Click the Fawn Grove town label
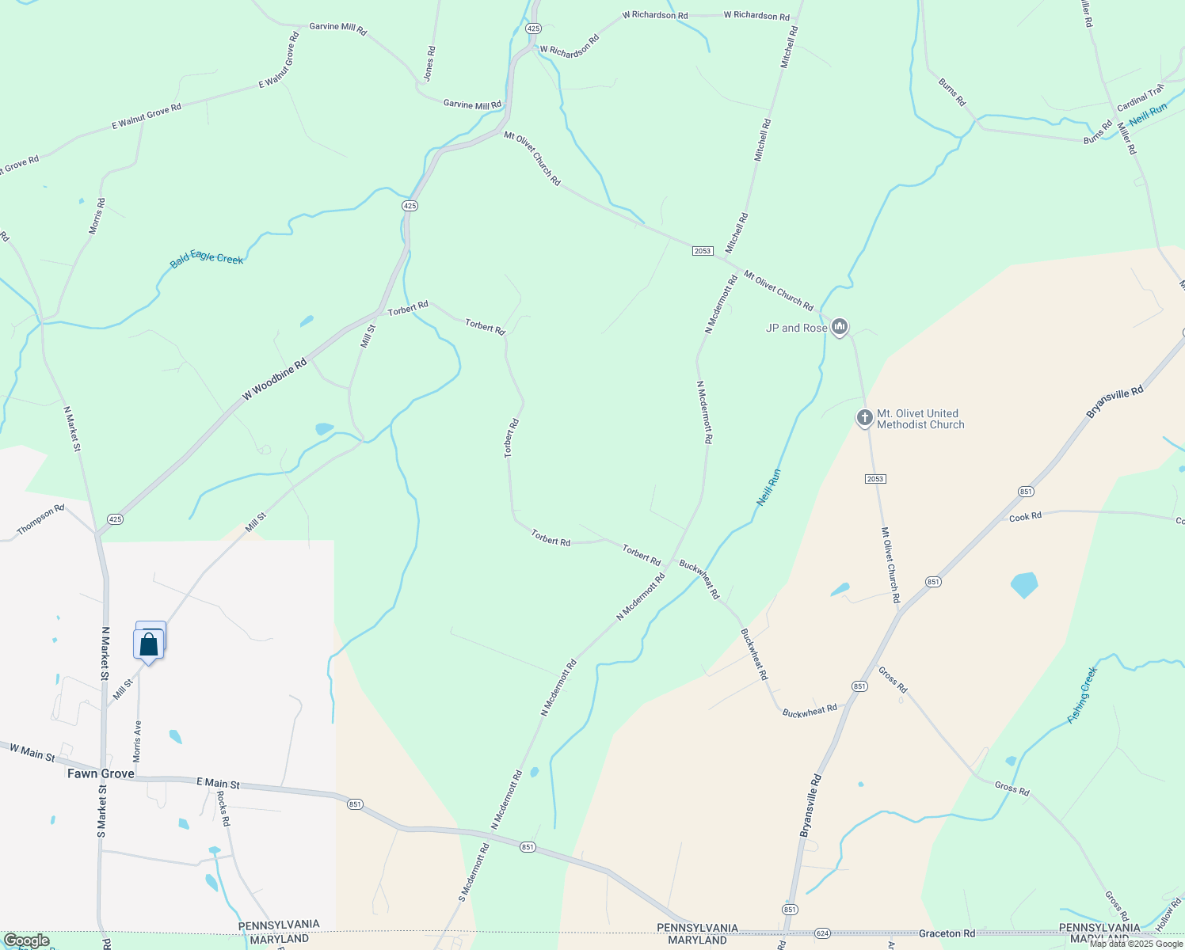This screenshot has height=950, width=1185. pos(101,773)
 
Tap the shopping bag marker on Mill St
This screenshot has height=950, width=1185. pos(149,644)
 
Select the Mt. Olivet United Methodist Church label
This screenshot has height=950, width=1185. pos(920,419)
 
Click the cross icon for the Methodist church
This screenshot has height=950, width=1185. pos(864,417)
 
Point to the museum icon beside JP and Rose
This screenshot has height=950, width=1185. pos(840,326)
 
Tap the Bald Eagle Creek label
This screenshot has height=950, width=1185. pos(207,259)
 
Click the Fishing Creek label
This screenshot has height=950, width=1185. pos(1083,694)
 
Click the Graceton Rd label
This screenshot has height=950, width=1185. pos(947,933)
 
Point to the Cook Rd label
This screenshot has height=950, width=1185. pos(1025,517)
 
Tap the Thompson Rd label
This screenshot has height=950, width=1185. pos(40,521)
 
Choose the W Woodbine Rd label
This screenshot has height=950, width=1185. pos(274,380)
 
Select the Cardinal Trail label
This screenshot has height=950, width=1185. pos(1141,97)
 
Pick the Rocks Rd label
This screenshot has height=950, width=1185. pos(223,808)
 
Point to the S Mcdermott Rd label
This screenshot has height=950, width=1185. pos(474,872)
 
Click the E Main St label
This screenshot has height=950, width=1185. pos(218,783)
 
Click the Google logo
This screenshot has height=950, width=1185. pos(26,940)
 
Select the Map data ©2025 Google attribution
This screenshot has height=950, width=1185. pos(1135,943)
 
